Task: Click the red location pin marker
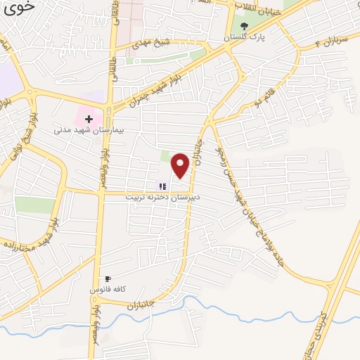(181, 165)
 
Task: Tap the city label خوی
(20, 8)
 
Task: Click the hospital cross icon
(89, 120)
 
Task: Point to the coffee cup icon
(108, 279)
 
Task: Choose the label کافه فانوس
(108, 290)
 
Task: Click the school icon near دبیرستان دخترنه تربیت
(162, 186)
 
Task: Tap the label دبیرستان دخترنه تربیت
(162, 198)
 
